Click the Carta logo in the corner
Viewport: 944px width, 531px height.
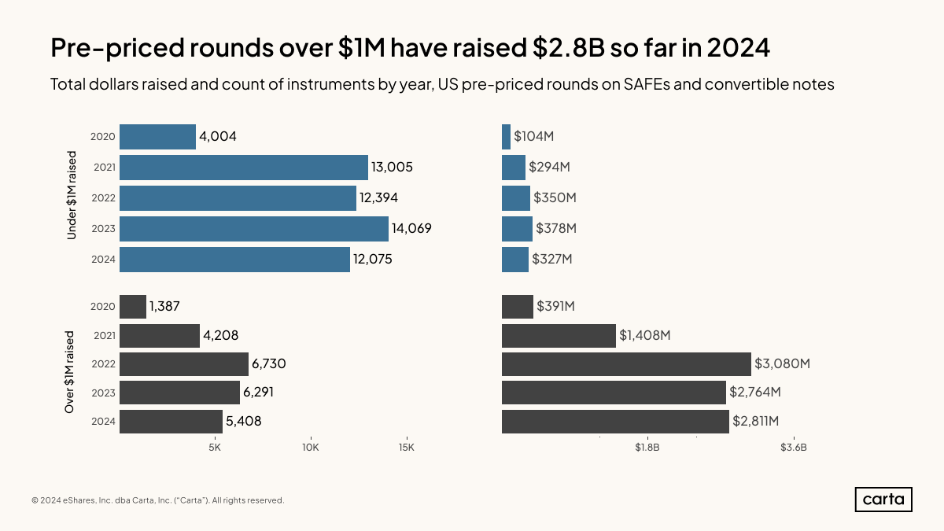tap(883, 500)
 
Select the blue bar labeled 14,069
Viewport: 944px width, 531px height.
tap(253, 229)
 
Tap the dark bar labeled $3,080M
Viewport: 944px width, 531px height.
tap(626, 363)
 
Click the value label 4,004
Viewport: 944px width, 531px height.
tap(218, 137)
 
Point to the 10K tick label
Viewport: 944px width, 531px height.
tap(310, 448)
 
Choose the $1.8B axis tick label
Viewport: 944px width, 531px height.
tap(647, 448)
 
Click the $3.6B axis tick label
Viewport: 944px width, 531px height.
tap(793, 448)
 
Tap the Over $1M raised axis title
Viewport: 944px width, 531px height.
tap(69, 372)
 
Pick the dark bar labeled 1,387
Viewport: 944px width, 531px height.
tap(133, 307)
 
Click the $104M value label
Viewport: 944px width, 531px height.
tap(534, 137)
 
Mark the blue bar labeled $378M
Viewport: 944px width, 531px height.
tap(517, 229)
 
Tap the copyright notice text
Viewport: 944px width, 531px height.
tap(157, 500)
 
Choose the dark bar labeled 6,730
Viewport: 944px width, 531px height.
tap(184, 363)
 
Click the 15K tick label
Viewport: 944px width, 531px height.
tap(406, 448)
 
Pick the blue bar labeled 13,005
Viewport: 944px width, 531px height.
tap(244, 168)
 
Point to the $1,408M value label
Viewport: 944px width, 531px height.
tap(644, 336)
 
